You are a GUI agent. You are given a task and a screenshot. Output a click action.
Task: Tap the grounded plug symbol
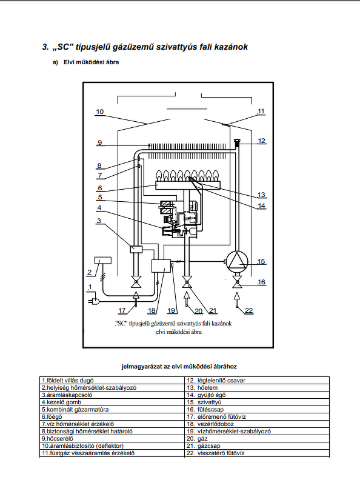point(94,301)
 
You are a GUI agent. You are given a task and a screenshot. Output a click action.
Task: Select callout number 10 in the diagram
point(100,112)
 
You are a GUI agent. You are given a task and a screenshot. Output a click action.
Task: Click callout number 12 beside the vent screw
point(261,141)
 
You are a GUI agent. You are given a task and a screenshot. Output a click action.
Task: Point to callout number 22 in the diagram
point(249,310)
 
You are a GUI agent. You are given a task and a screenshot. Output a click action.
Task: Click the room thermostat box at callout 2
point(103,261)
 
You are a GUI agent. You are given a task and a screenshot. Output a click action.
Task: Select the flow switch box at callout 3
point(136,249)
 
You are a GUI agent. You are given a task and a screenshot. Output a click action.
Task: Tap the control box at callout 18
point(161,265)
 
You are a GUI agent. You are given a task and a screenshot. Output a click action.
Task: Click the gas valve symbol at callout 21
point(187,282)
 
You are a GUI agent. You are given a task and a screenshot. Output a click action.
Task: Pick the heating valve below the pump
point(237,282)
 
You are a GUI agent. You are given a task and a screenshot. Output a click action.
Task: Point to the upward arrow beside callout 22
point(237,301)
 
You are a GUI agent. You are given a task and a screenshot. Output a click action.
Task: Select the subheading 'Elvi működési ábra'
point(92,62)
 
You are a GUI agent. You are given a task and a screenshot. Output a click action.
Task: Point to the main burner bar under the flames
point(188,185)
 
